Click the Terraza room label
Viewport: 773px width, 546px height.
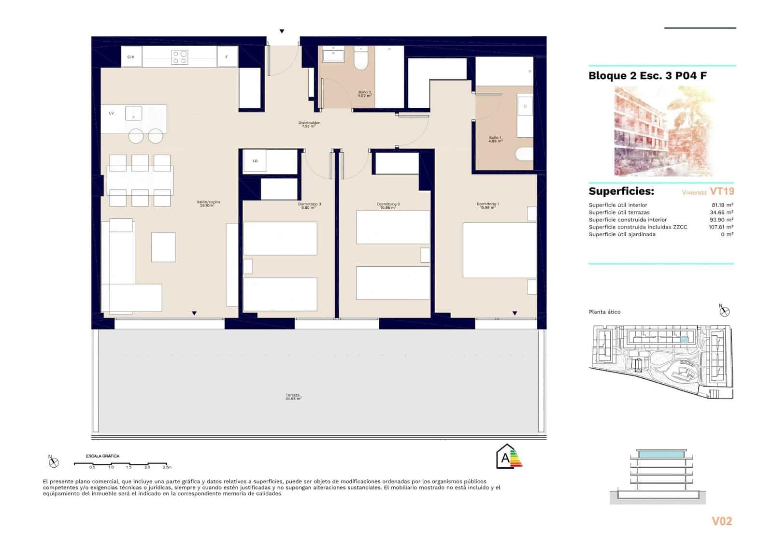(x=293, y=396)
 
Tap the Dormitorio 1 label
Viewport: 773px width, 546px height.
(x=487, y=205)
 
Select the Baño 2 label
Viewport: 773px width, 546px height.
(x=364, y=94)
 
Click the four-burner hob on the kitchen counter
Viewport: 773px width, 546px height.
(x=180, y=57)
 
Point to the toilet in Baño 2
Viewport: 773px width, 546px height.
(x=361, y=59)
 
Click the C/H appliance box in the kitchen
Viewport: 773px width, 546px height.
(x=131, y=57)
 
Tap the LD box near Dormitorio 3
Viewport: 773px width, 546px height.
(x=255, y=161)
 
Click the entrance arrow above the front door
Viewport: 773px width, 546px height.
(x=282, y=31)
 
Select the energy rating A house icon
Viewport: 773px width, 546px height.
(x=506, y=457)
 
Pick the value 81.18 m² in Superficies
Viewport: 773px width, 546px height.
(x=722, y=205)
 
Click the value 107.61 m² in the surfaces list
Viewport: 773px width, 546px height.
(x=721, y=227)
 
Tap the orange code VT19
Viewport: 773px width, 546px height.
(x=722, y=191)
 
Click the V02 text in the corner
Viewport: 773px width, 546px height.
(x=722, y=521)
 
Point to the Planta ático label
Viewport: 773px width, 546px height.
(x=604, y=312)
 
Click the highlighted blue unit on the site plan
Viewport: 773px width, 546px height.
(x=684, y=340)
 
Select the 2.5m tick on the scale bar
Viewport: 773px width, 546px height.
(x=167, y=467)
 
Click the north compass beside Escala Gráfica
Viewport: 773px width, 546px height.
(x=53, y=462)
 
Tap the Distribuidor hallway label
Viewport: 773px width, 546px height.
(x=309, y=124)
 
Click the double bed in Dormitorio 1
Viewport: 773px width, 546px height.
(x=499, y=250)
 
